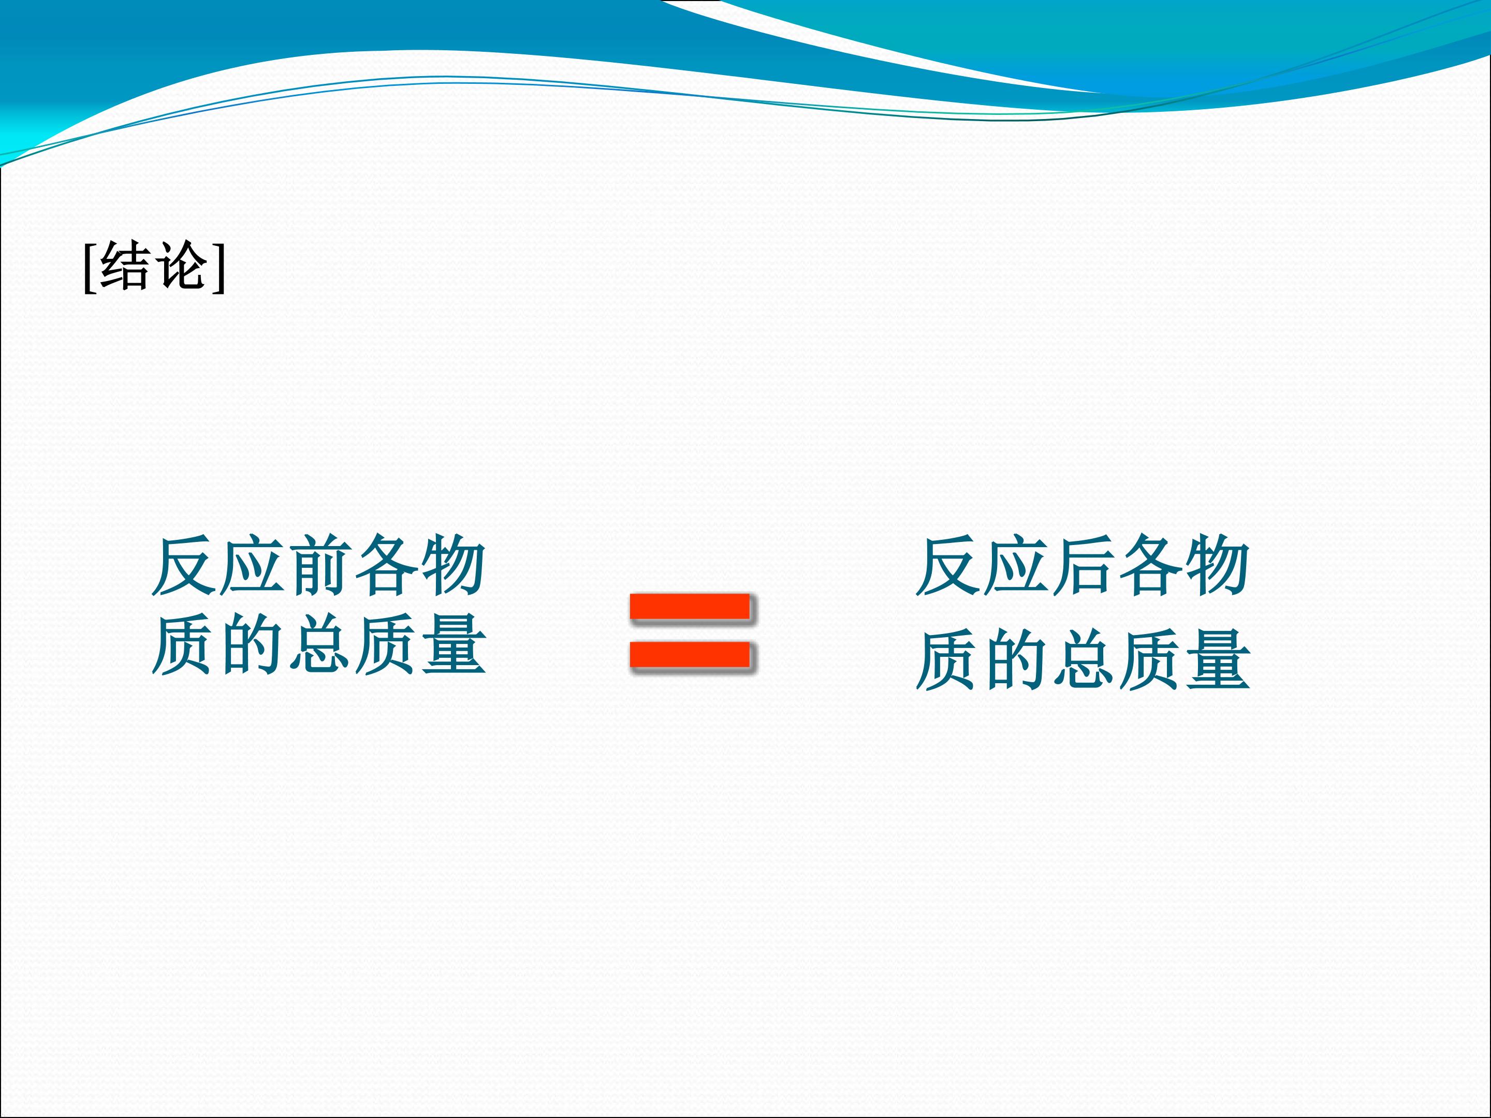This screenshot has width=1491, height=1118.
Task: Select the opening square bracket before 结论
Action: pos(89,268)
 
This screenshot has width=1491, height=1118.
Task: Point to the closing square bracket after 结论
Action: pos(218,268)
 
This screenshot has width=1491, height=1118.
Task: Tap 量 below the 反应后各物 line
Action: pos(1218,660)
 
